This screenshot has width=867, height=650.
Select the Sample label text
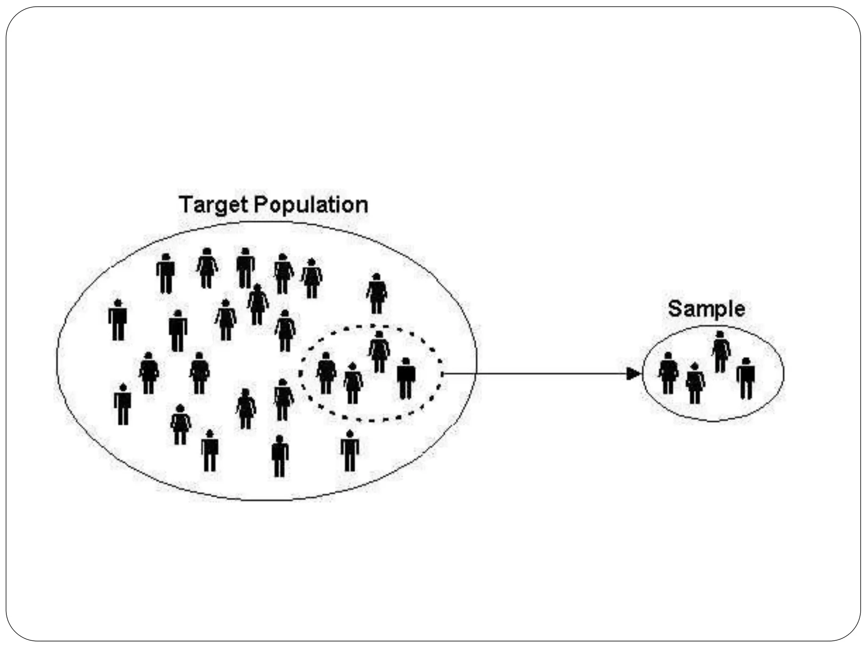coord(706,309)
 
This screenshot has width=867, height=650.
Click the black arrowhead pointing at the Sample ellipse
coord(633,374)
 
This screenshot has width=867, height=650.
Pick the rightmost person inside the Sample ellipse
coord(746,378)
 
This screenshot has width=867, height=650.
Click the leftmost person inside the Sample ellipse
coord(668,373)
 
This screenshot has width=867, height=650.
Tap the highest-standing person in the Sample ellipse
coord(721,352)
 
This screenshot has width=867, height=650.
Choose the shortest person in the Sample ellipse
coord(695,383)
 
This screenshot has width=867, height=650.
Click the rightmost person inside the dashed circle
coord(406,378)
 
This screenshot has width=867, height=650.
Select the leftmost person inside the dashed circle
coord(326,373)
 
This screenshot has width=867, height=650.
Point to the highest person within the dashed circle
coord(379,352)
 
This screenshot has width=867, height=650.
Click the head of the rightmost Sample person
coord(746,361)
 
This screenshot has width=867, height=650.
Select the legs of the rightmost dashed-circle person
coord(406,389)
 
